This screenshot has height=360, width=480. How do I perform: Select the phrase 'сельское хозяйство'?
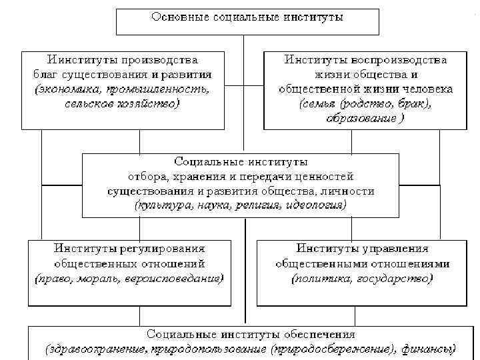coord(123,103)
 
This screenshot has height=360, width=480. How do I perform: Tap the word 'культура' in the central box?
coord(162,205)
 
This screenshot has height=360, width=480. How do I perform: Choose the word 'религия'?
coord(259,205)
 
